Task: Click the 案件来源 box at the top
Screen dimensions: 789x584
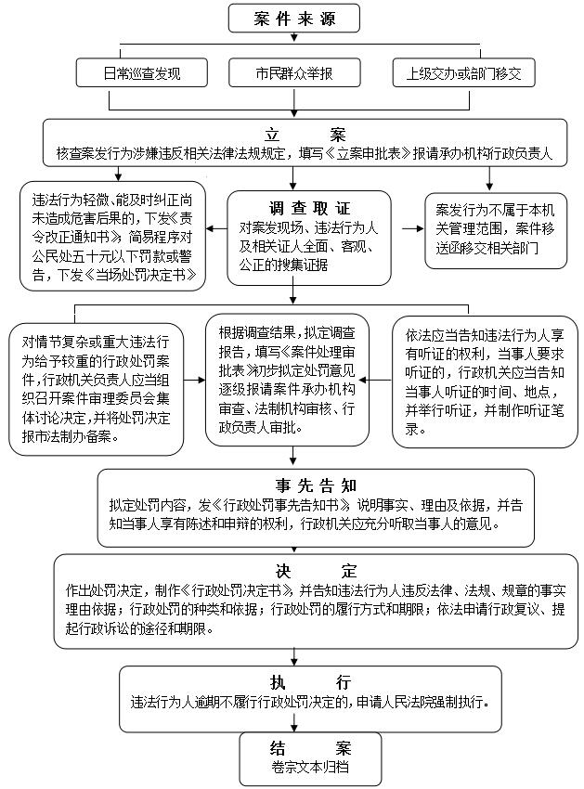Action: (x=293, y=18)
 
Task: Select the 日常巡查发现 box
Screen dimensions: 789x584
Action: (x=141, y=72)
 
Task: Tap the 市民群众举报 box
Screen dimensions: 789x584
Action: (x=293, y=72)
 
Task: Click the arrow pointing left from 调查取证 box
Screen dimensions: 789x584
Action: (x=216, y=228)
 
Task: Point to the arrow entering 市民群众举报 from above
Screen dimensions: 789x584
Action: (x=293, y=51)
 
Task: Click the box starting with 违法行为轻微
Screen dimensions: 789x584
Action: (x=113, y=237)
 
